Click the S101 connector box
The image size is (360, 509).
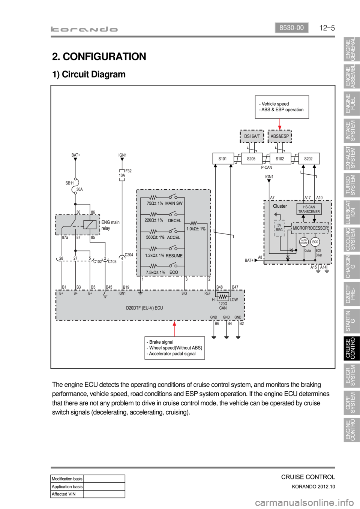(x=223, y=159)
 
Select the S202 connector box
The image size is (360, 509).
(x=309, y=159)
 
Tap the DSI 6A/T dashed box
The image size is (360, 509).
(x=252, y=136)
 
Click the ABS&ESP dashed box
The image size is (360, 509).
(x=280, y=136)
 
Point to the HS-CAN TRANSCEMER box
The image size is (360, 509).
(x=309, y=209)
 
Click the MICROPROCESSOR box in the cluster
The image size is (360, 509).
(x=310, y=228)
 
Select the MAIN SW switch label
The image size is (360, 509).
(x=174, y=203)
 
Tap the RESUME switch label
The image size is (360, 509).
(x=174, y=256)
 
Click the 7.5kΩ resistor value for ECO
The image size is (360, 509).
(x=155, y=272)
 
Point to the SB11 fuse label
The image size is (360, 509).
(x=70, y=183)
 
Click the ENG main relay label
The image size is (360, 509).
(x=110, y=225)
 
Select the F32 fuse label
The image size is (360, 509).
(x=128, y=171)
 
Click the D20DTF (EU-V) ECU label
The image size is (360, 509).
(x=144, y=308)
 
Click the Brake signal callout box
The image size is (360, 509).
(x=175, y=348)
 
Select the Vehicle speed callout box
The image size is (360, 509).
(x=282, y=107)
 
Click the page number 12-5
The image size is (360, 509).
(x=327, y=28)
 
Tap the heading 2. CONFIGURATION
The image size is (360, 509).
(x=99, y=57)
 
